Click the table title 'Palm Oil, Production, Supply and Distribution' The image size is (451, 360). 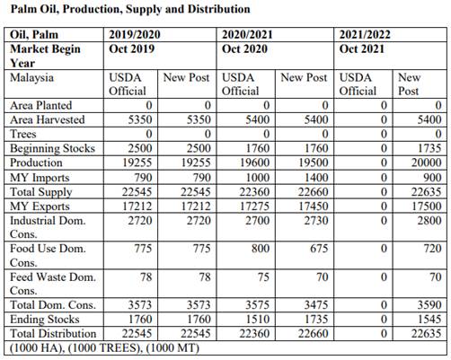pos(130,9)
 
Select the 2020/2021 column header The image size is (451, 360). pos(247,34)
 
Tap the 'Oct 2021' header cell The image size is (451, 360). pos(362,48)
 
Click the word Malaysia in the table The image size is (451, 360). pos(31,78)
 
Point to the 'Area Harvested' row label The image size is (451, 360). pos(48,119)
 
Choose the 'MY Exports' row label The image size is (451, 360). pos(40,206)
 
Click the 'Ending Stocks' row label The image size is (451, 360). pos(45,320)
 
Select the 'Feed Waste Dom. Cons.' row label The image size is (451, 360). pos(53,284)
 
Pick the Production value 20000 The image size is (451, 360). pos(426,162)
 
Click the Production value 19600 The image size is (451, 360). pos(254,162)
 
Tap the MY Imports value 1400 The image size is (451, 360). pos(316,178)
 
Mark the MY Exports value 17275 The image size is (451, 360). pos(254,206)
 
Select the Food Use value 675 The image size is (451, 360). pos(319,249)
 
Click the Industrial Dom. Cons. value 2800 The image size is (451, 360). pos(429,221)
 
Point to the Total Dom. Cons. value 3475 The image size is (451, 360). pos(316,305)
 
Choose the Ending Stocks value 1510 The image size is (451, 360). pos(258,320)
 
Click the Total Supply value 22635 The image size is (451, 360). pos(426,192)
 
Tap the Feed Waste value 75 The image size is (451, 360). pos(263,277)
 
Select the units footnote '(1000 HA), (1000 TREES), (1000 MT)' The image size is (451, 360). pos(104,348)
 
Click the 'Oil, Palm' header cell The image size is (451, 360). pos(34,35)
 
